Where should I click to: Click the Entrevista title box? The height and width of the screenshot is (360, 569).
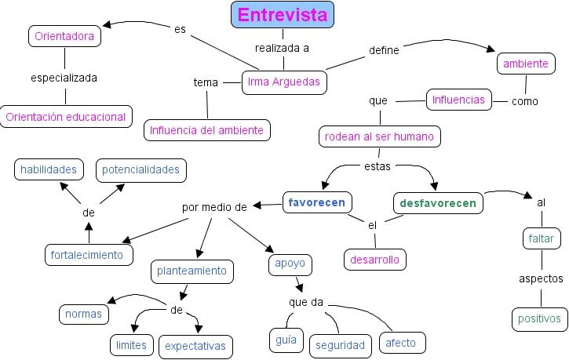coord(283,15)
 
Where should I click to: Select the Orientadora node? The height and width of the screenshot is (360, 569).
coord(64,36)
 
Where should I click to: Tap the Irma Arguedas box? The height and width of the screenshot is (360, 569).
coord(284,82)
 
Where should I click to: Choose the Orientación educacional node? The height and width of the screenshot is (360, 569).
coord(65,117)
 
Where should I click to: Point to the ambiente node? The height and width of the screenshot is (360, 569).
coord(526,64)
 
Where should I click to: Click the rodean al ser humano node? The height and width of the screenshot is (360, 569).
coord(380,136)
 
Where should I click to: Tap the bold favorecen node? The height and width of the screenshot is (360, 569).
coord(317,202)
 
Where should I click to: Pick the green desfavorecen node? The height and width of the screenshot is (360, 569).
coord(437,203)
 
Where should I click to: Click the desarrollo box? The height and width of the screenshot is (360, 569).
coord(375,259)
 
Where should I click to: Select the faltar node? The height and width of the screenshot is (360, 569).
coord(541,238)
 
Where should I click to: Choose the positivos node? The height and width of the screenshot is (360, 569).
coord(539,318)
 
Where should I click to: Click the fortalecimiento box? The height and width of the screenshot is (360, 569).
coord(87,255)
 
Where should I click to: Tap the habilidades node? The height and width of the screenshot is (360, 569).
coord(49,169)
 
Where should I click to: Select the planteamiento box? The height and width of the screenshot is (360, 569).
coord(191,271)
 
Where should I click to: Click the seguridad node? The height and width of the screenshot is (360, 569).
coord(340,344)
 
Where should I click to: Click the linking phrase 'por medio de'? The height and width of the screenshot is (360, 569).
coord(214,208)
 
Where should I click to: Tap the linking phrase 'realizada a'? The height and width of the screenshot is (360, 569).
coord(283,48)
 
